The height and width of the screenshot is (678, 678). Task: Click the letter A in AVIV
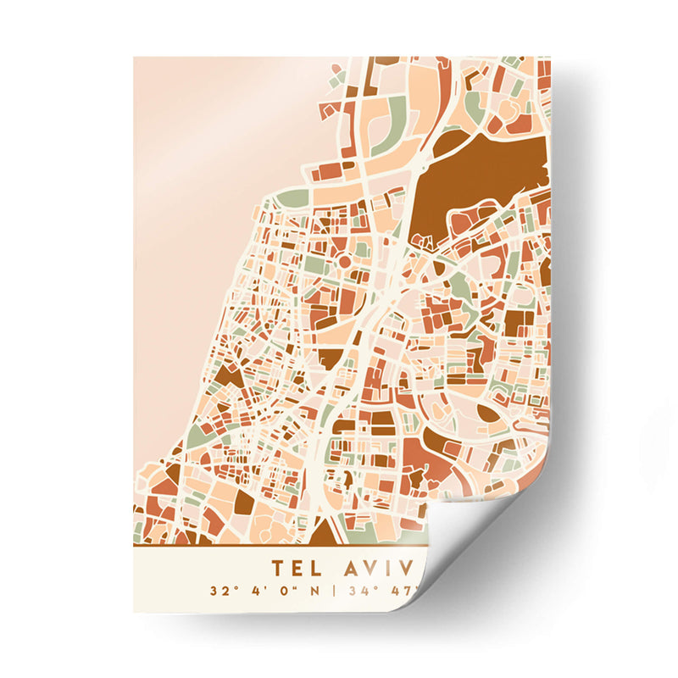(355, 566)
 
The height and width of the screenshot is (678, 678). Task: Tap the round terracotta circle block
(345, 263)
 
